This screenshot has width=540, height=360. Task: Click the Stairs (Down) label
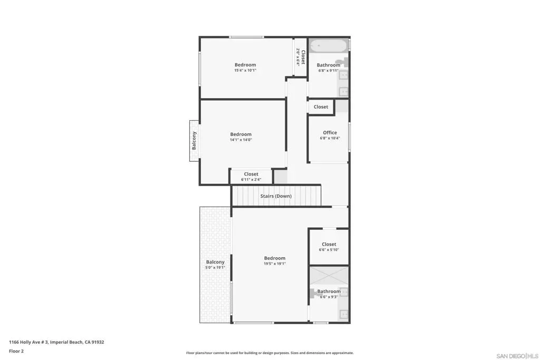click(x=276, y=196)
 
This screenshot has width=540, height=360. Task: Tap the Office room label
click(x=330, y=132)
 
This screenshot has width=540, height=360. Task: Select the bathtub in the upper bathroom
click(x=328, y=46)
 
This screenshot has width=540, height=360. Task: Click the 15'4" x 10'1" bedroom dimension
click(x=245, y=70)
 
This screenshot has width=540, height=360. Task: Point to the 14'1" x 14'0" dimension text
click(x=240, y=140)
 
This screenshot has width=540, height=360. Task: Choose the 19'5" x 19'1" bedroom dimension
click(x=274, y=264)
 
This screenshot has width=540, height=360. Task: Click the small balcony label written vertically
click(x=194, y=140)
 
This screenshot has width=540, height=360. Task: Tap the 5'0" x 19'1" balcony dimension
click(x=215, y=267)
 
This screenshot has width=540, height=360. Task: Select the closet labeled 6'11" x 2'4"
click(x=251, y=176)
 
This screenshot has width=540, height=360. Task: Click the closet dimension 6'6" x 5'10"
click(x=329, y=250)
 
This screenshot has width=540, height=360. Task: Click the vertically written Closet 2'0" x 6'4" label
click(x=301, y=57)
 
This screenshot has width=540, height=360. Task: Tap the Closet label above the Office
click(x=321, y=106)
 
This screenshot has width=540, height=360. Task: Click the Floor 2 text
click(x=16, y=351)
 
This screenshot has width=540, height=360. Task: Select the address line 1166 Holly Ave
click(x=56, y=342)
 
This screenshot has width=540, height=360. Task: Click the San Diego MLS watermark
click(x=517, y=356)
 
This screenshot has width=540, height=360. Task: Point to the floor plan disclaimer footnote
click(x=269, y=353)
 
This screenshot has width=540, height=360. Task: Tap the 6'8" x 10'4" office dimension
click(x=330, y=138)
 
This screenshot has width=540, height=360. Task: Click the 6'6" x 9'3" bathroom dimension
click(x=329, y=297)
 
